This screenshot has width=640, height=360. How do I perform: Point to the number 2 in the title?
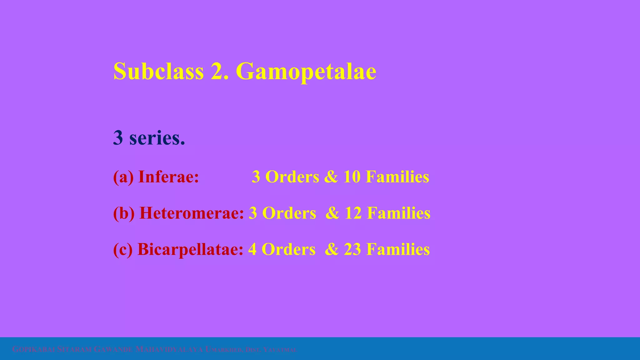[217, 71]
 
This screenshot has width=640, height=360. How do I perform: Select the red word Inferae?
[168, 177]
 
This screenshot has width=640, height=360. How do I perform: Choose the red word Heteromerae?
[191, 213]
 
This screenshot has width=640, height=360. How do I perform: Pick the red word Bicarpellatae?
[190, 249]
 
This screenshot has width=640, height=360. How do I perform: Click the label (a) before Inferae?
[123, 177]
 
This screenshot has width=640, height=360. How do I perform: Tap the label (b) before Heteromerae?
[124, 213]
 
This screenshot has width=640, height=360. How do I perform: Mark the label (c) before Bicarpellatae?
[123, 249]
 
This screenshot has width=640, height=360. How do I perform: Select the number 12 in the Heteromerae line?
[353, 213]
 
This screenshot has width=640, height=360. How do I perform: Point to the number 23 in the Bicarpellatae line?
[352, 249]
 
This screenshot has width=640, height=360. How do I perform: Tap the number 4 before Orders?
[252, 249]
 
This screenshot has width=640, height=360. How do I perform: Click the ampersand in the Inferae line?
[331, 177]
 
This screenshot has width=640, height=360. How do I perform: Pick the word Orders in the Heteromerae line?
[289, 213]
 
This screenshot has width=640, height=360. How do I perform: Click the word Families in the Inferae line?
[397, 177]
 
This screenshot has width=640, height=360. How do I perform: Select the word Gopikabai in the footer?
[34, 349]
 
